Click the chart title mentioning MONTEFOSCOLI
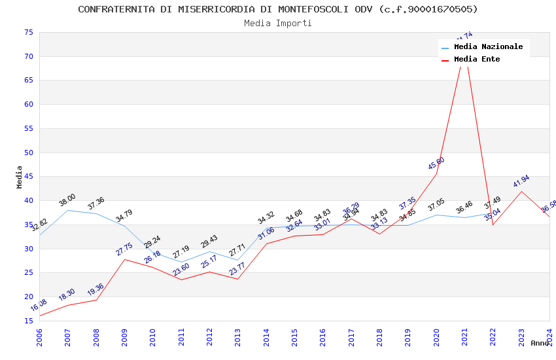(278, 9)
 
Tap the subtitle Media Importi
(278, 24)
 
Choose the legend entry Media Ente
(477, 60)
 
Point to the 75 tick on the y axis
(28, 32)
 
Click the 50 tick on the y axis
(28, 153)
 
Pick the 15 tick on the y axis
(28, 321)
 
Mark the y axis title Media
(20, 177)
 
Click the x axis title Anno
(540, 343)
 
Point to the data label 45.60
(436, 164)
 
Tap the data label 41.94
(521, 181)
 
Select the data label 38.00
(67, 200)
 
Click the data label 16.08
(39, 306)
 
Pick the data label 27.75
(124, 249)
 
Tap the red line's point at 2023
(521, 191)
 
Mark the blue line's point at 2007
(67, 210)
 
